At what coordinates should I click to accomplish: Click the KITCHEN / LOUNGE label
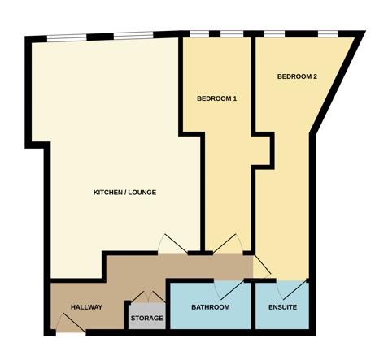tap(124, 193)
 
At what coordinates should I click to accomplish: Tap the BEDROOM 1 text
tap(217, 98)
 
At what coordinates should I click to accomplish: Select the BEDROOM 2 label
tap(297, 76)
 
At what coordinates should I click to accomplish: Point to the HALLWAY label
tap(86, 307)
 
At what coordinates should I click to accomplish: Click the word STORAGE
tap(147, 318)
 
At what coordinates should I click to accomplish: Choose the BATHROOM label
tap(211, 307)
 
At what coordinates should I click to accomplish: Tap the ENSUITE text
tap(282, 307)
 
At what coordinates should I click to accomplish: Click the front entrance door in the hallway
tap(71, 323)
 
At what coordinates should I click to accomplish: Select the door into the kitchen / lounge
tap(172, 244)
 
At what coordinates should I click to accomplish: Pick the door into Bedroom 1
tap(228, 244)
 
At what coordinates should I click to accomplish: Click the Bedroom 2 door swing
tap(262, 267)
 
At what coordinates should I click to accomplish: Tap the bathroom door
tap(229, 290)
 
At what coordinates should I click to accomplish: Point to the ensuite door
tap(291, 290)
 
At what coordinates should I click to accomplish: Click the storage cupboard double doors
tap(148, 297)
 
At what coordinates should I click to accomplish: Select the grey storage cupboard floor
tap(147, 316)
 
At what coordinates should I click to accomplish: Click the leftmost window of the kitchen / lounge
tap(67, 37)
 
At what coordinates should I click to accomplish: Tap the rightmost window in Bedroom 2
tap(328, 34)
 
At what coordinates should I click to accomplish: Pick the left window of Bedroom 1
tap(199, 34)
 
